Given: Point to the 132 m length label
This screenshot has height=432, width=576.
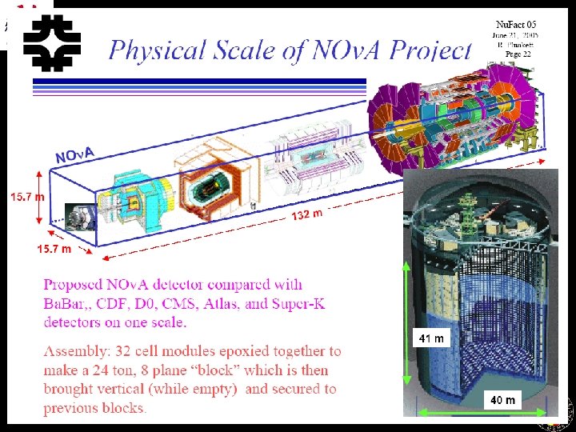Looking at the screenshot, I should coord(306,214).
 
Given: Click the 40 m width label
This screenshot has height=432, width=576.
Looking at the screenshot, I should coord(502,399).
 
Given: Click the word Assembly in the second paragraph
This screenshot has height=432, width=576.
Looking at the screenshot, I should coord(78,351).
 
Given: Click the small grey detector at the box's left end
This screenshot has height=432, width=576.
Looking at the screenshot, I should coord(80,216).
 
